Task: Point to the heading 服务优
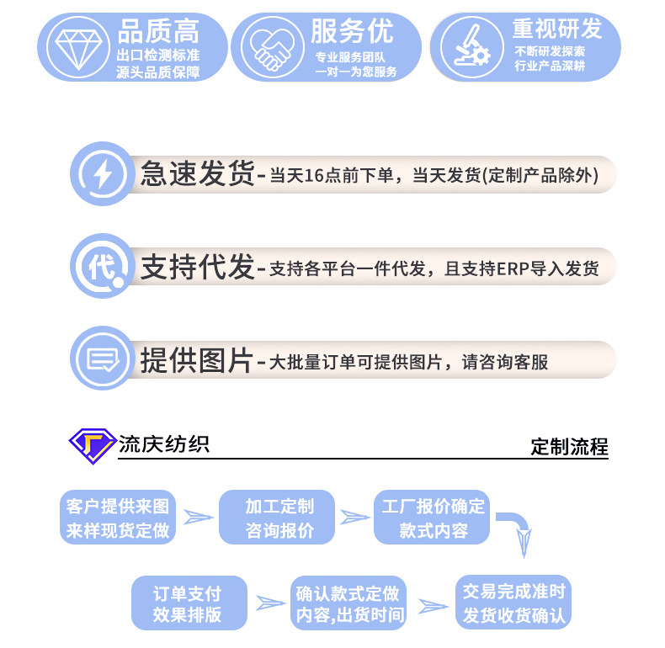pos(353,32)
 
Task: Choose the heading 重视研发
pos(557,29)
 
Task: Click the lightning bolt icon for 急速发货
pos(102,174)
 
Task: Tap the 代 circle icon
pos(102,267)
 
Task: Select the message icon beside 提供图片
pos(102,360)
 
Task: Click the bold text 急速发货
pos(197,174)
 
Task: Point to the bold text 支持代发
pos(197,268)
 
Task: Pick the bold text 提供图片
pos(197,360)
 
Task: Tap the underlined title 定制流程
pos(569,447)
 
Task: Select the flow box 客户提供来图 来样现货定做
pos(117,518)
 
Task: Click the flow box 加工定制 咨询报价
pos(279,518)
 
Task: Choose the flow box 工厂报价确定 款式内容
pos(434,518)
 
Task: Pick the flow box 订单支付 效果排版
pos(187,603)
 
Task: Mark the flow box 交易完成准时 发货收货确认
pos(513,603)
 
